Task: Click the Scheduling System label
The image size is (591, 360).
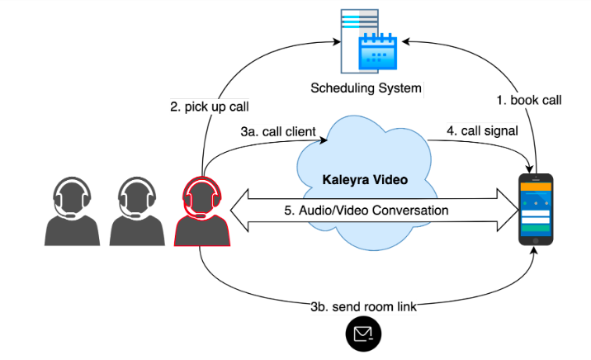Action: pos(366,88)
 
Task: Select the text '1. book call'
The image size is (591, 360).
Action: pos(529,101)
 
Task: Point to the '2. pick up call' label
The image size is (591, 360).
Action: pos(210,106)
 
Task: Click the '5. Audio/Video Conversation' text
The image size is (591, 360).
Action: pos(366,211)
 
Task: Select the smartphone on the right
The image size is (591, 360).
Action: pos(536,210)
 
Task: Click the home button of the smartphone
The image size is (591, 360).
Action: pos(536,240)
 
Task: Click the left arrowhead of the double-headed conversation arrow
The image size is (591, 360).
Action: pos(238,211)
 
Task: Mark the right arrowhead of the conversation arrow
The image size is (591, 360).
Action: pos(508,211)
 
